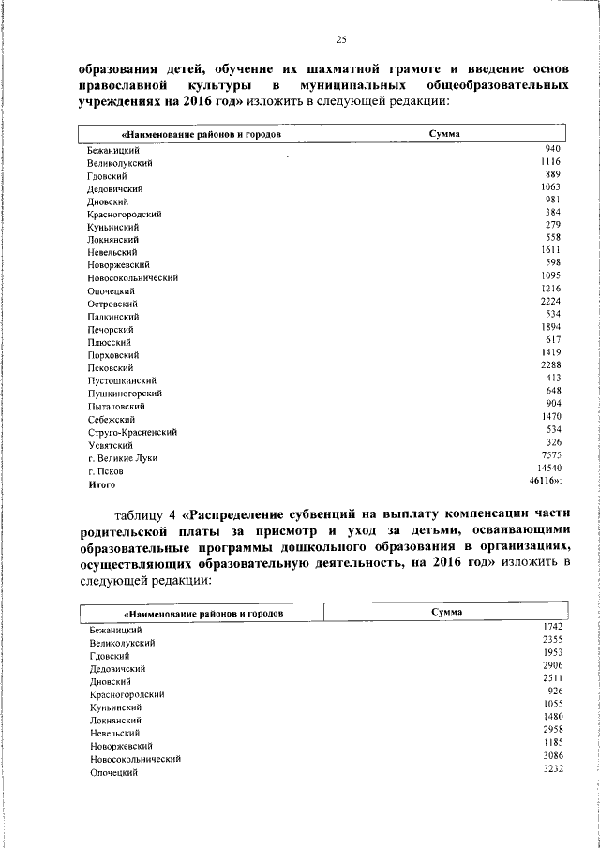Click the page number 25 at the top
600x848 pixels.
[341, 38]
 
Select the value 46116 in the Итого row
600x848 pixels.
[544, 480]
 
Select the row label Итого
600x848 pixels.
[101, 484]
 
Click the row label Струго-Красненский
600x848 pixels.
[132, 432]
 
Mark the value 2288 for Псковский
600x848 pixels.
[550, 364]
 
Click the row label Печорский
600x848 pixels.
[110, 330]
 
